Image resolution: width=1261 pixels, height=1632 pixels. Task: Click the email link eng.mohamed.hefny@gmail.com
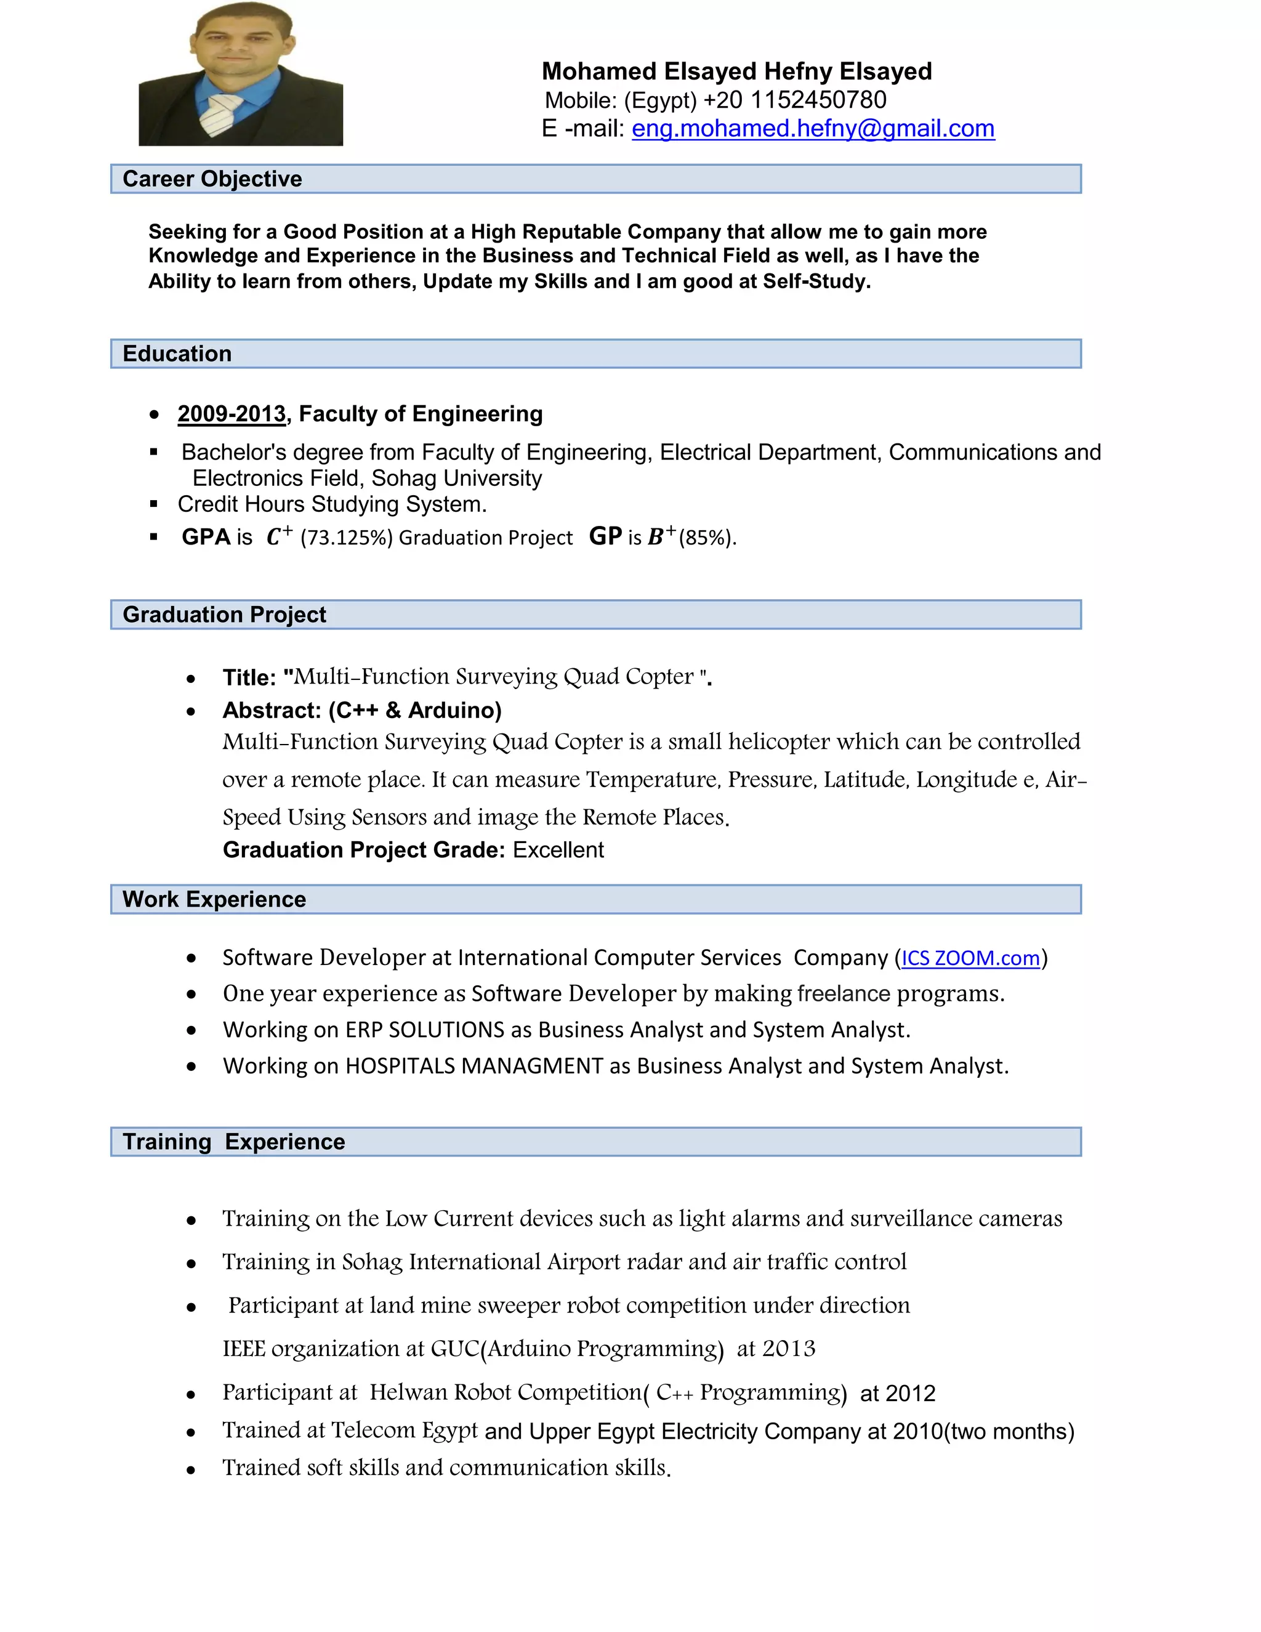tap(813, 129)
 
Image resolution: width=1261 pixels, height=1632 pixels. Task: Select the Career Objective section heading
tap(212, 179)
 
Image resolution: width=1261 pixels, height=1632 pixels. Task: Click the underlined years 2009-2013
tap(232, 414)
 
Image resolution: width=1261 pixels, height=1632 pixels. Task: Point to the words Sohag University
tap(456, 479)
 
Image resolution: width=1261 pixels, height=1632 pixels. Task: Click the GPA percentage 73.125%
tap(346, 538)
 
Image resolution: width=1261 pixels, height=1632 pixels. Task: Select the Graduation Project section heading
tap(224, 615)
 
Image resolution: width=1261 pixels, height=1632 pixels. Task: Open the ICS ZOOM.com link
tap(970, 958)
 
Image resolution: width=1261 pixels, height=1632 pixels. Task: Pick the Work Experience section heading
tap(214, 900)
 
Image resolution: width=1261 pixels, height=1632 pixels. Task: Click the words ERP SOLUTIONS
tap(424, 1030)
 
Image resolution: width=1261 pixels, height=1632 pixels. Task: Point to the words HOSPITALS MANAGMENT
tap(473, 1065)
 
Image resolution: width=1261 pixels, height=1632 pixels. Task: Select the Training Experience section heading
tap(234, 1142)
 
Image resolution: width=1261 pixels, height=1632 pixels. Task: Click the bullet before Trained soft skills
tap(191, 1470)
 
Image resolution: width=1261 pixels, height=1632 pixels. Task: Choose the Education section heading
tap(177, 354)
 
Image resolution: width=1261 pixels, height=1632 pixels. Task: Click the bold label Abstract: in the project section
tap(271, 710)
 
